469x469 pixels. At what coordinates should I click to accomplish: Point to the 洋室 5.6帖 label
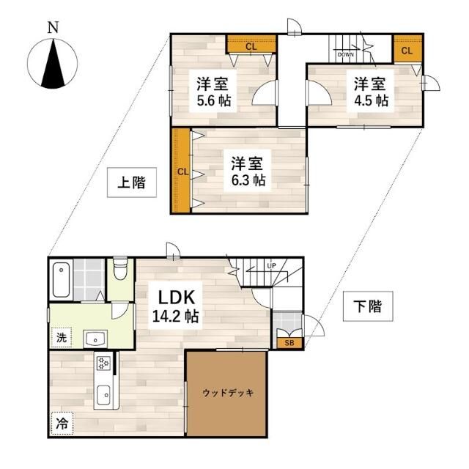(x=212, y=92)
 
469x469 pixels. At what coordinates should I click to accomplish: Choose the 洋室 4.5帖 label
(x=372, y=92)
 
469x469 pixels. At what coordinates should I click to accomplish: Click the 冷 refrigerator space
(x=63, y=423)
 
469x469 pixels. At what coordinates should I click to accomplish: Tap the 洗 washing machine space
(x=63, y=338)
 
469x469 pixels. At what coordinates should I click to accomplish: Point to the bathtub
(x=61, y=279)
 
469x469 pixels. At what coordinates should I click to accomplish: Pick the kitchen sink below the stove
(x=103, y=394)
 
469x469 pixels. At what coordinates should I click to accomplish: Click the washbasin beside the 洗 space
(x=95, y=338)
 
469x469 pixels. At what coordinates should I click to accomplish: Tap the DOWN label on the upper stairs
(x=346, y=54)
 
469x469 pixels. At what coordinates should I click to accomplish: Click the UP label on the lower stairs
(x=271, y=265)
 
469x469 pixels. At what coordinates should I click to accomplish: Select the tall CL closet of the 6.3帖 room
(x=181, y=171)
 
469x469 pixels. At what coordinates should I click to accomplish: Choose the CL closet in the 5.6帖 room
(x=251, y=46)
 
